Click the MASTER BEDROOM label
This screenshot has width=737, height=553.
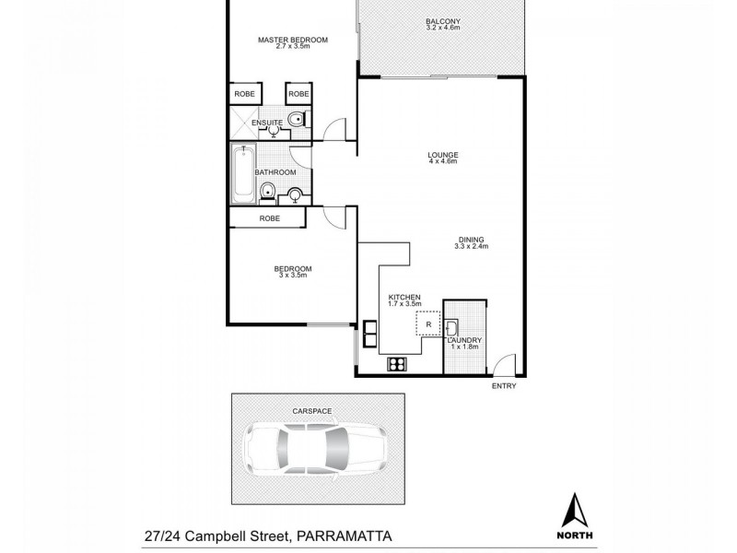(293, 40)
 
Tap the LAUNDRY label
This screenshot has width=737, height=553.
(463, 340)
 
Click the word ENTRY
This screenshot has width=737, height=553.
(504, 385)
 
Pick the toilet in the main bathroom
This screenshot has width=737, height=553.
(266, 192)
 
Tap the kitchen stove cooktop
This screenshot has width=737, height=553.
(398, 363)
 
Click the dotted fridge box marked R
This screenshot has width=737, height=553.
(428, 324)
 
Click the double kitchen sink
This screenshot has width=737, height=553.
(370, 334)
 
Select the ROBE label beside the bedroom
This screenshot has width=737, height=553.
(269, 218)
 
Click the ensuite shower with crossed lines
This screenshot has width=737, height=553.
(244, 120)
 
